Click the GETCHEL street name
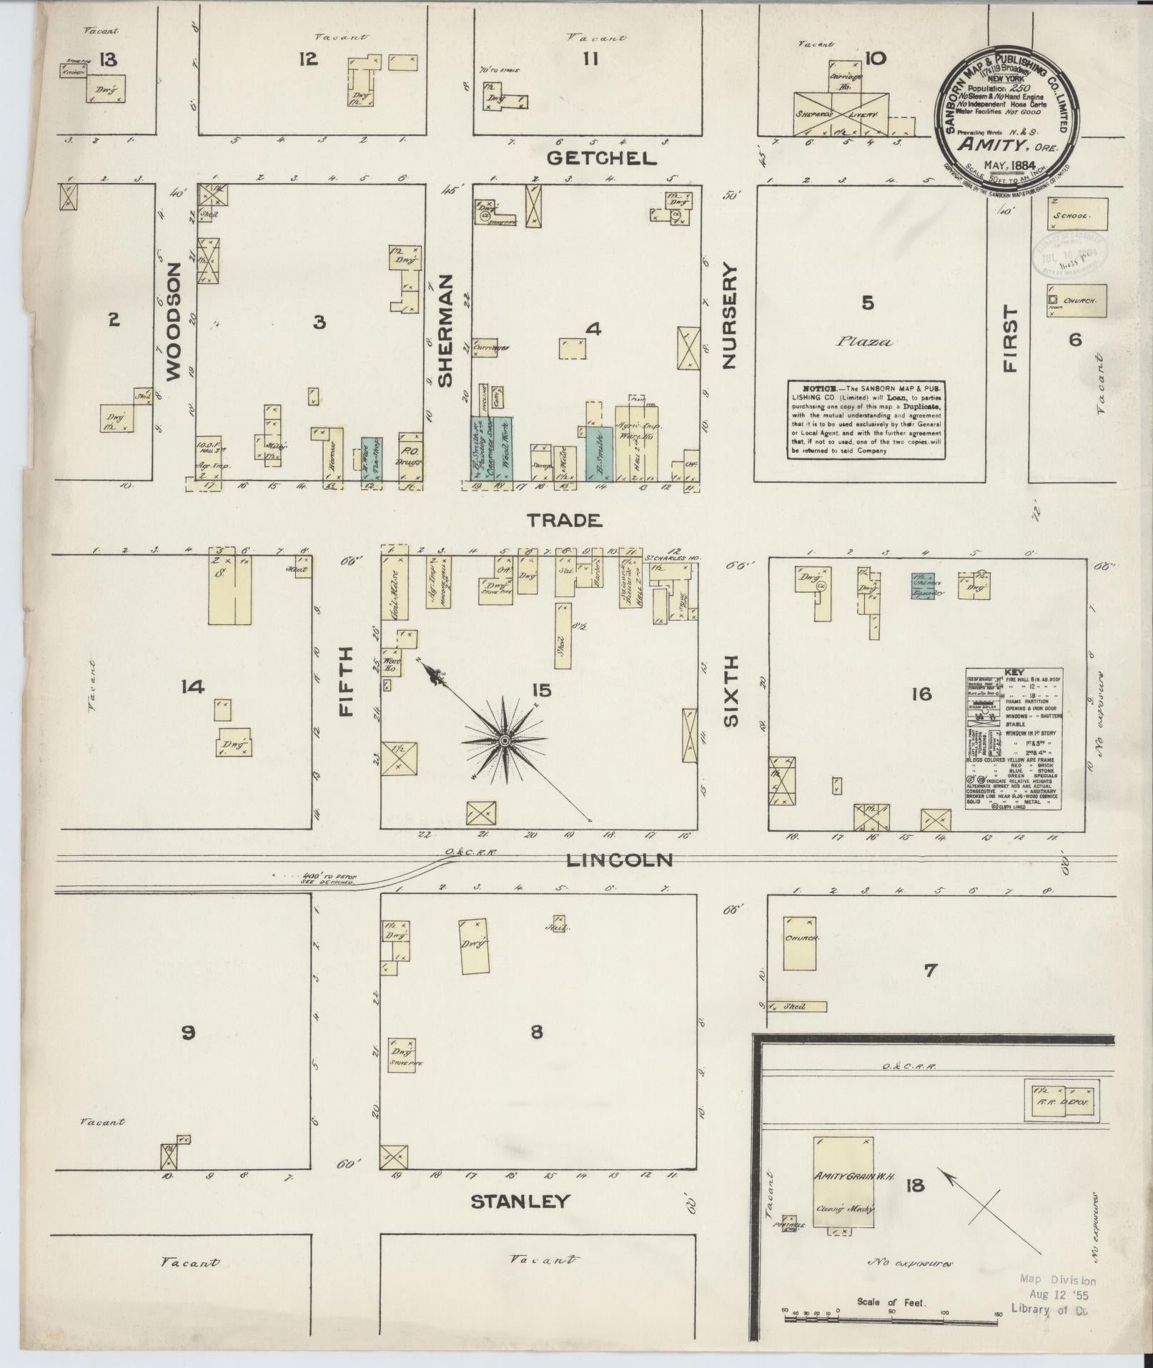coord(601,159)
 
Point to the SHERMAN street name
coord(445,330)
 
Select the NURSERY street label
coord(728,315)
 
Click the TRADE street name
coord(564,520)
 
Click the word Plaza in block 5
coord(865,342)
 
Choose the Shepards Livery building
coord(841,114)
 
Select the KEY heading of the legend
coord(1014,672)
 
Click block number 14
coord(192,687)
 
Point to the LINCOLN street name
coord(618,860)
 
